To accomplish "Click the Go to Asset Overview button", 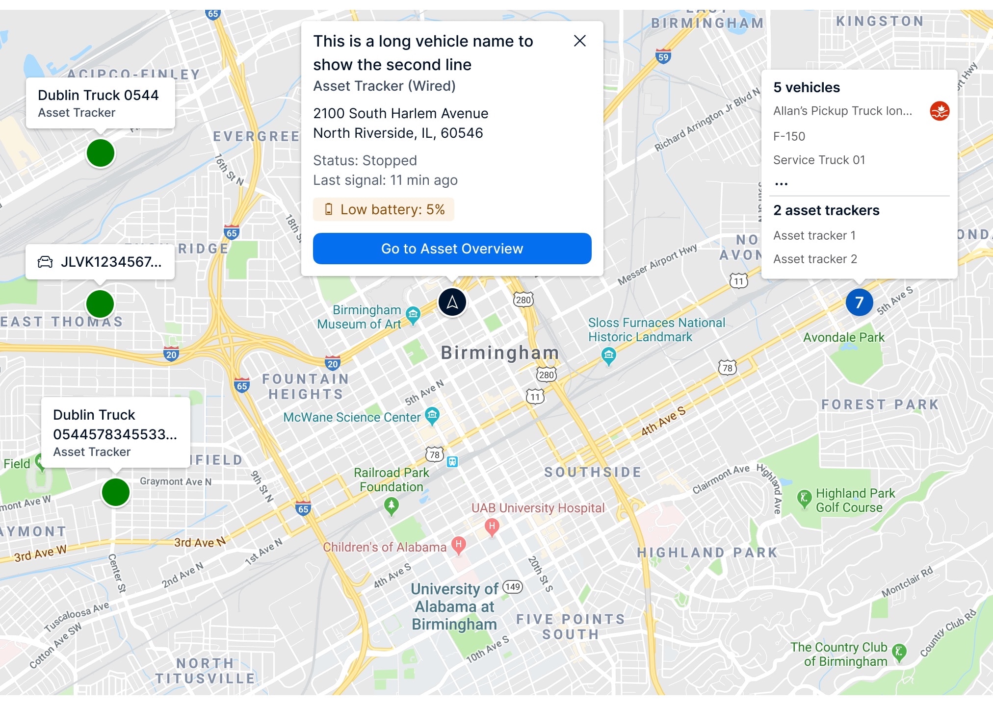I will tap(452, 249).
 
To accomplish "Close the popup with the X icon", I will tap(579, 41).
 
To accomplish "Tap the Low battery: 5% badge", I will tap(384, 210).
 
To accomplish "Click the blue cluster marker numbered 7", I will tap(859, 302).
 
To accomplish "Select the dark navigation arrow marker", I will tap(452, 302).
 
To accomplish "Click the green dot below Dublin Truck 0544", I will tap(101, 153).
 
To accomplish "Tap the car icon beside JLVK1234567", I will tap(45, 262).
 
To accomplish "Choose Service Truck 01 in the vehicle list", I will tap(819, 160).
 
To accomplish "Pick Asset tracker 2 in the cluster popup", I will tap(815, 259).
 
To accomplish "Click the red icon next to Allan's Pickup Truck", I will tap(939, 111).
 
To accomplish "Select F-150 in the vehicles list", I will tap(789, 137).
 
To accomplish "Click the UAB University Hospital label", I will tap(538, 508).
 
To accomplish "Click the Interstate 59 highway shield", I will tap(663, 56).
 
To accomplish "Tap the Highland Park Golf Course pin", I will tap(804, 499).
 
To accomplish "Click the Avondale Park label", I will tap(843, 338).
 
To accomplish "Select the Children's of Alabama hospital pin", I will tap(458, 545).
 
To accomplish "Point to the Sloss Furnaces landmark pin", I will tap(608, 355).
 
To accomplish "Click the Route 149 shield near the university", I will tap(512, 587).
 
